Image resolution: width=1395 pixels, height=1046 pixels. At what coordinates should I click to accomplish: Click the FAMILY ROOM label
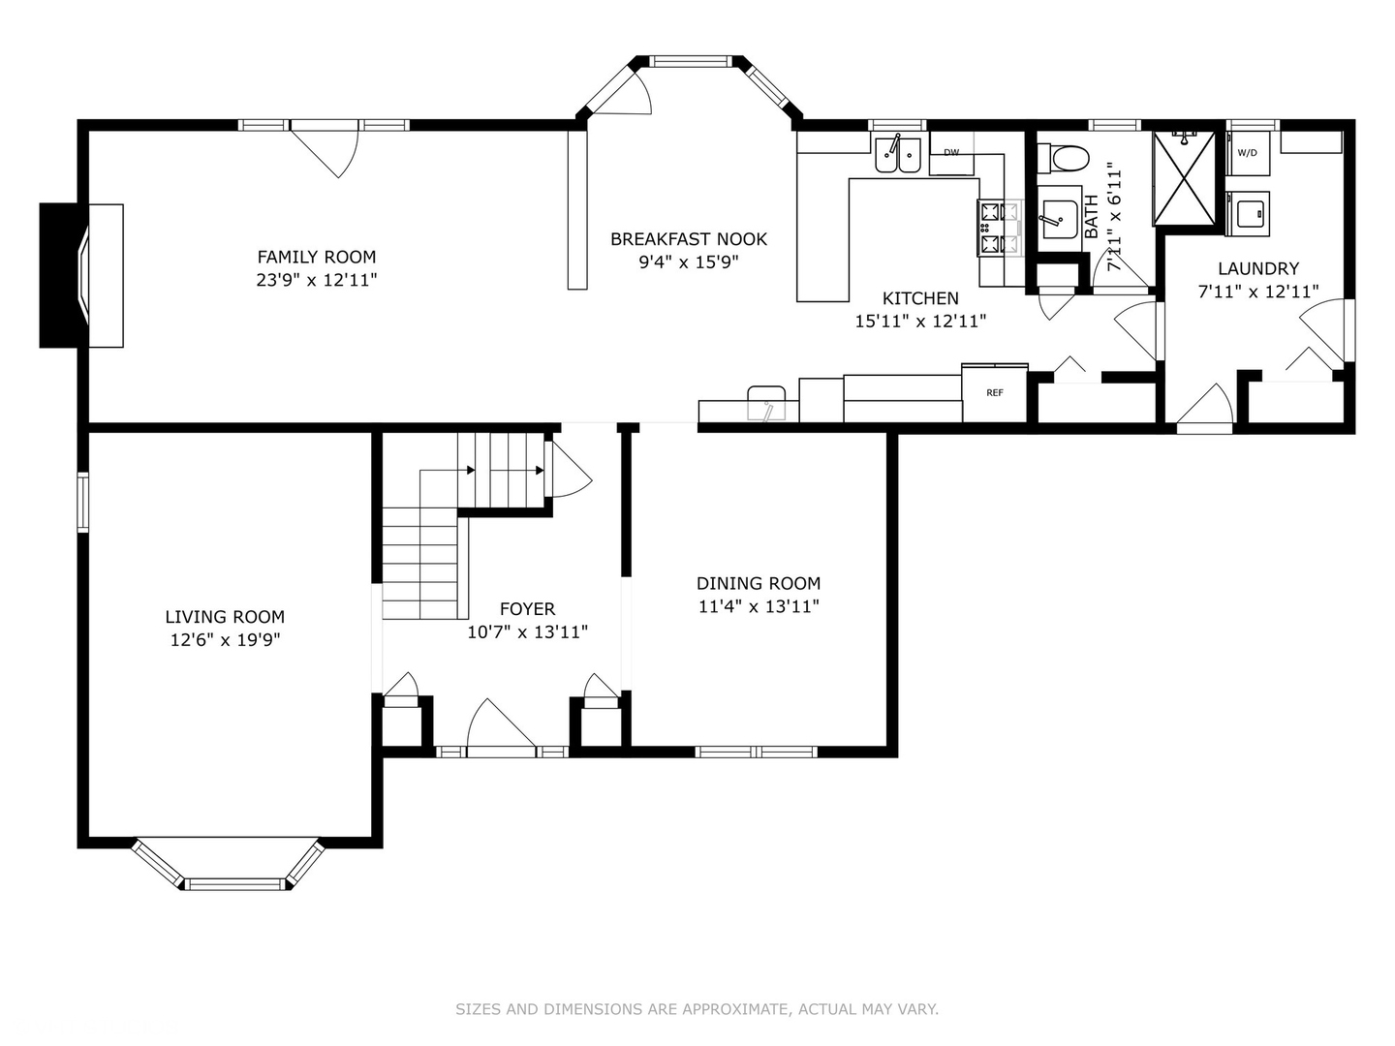click(x=317, y=257)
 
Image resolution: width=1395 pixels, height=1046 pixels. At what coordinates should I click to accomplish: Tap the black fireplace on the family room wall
click(x=64, y=275)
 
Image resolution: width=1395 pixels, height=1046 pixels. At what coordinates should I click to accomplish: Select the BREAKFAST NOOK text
click(x=688, y=239)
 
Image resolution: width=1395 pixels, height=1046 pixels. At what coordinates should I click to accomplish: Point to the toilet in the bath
click(x=1063, y=158)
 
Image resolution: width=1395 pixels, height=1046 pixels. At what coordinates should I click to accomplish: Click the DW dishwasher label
click(x=950, y=152)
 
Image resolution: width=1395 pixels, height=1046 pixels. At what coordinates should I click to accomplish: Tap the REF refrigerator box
click(x=995, y=392)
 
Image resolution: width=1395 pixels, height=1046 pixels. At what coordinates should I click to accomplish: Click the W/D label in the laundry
click(x=1247, y=153)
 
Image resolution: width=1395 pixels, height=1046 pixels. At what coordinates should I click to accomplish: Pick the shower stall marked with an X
click(x=1185, y=177)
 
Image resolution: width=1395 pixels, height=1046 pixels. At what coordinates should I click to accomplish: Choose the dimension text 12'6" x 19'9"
click(x=225, y=639)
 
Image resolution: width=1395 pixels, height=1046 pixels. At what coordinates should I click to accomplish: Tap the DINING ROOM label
click(x=759, y=583)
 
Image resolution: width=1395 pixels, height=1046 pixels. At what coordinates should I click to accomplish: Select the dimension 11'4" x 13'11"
click(x=759, y=606)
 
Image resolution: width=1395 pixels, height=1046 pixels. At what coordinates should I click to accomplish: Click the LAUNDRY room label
click(x=1258, y=268)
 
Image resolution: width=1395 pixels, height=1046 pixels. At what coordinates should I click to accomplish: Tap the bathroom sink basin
click(x=1059, y=220)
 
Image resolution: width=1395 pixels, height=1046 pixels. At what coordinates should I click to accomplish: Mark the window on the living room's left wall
click(x=82, y=501)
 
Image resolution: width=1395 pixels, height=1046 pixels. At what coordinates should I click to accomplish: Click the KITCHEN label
click(x=920, y=298)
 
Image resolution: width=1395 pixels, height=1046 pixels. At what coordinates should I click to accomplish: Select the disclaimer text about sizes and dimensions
click(x=697, y=1008)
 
